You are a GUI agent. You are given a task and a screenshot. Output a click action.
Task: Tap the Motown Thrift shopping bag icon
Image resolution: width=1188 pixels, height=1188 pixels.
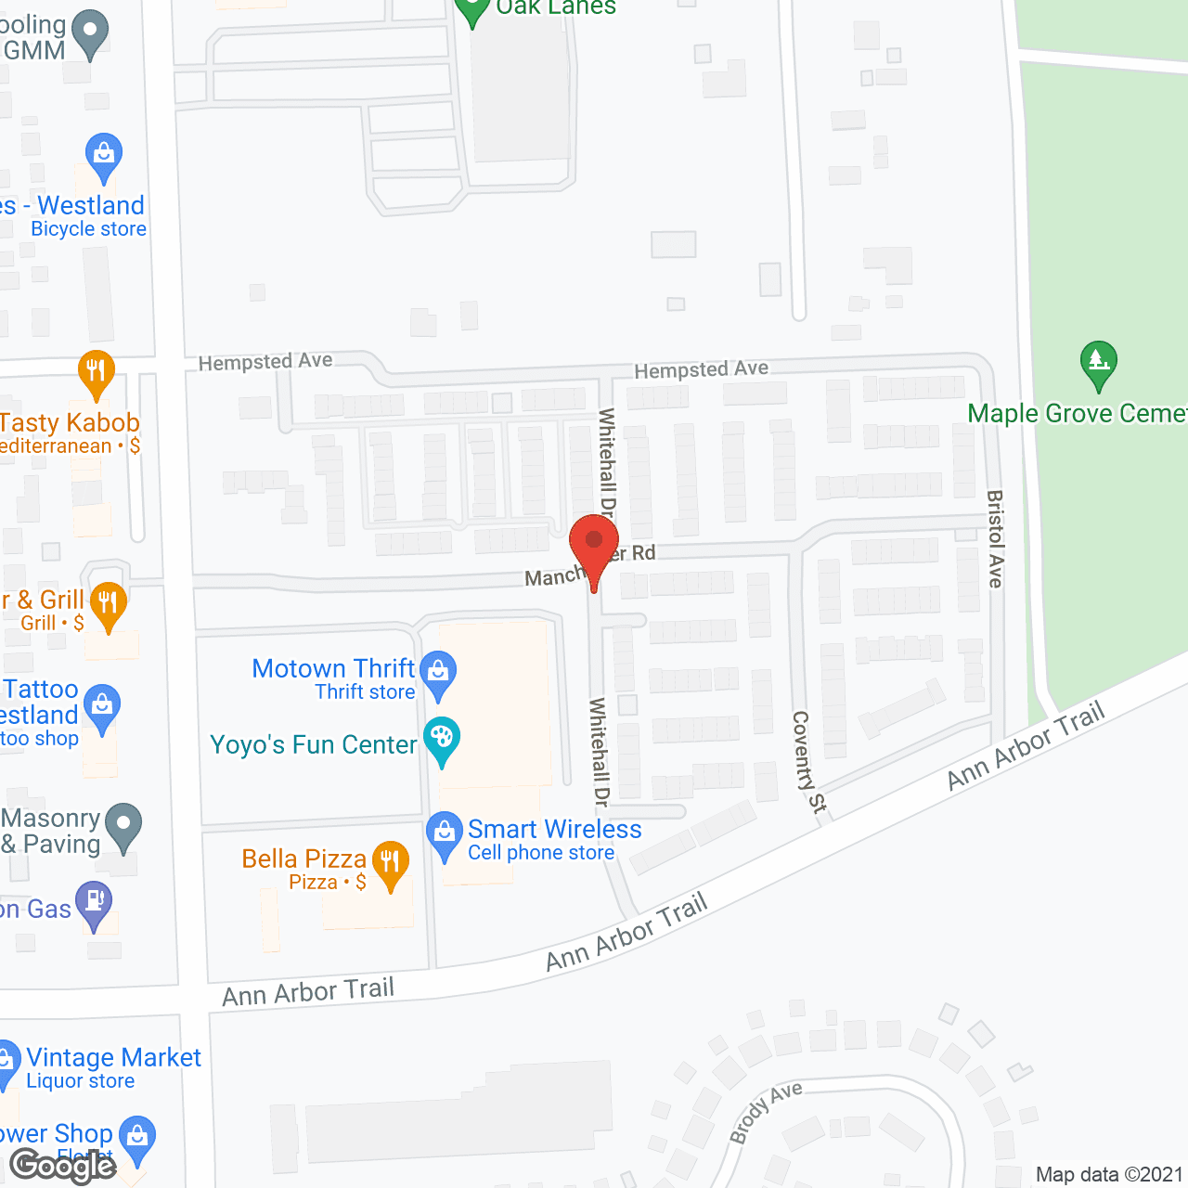tap(438, 671)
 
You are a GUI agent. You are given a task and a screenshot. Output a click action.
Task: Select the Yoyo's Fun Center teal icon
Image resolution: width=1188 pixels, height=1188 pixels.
tap(442, 740)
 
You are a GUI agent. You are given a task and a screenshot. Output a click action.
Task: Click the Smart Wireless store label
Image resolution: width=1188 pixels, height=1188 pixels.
tap(554, 830)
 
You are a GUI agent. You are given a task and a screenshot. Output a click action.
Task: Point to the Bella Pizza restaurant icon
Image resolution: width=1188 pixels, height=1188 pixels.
tap(391, 863)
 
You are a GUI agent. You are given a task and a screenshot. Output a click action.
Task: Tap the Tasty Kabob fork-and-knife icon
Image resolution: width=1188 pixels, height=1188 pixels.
tap(97, 372)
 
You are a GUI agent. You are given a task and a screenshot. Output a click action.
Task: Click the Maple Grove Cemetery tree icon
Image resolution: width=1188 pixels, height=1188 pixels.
tap(1099, 362)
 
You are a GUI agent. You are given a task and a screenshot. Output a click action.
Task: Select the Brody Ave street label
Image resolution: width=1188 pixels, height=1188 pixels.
tap(765, 1112)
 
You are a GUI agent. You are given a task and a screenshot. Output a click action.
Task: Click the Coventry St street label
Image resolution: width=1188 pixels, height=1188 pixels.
tap(807, 762)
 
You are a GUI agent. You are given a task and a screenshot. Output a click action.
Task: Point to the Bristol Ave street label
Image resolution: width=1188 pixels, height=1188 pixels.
tap(995, 538)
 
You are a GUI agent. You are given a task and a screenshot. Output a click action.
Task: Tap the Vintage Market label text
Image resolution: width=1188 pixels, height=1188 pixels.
tap(113, 1058)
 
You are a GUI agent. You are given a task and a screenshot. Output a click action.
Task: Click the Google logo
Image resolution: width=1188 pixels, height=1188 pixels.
tap(63, 1166)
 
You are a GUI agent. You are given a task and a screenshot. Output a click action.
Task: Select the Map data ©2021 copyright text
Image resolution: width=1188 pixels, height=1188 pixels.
tap(1109, 1175)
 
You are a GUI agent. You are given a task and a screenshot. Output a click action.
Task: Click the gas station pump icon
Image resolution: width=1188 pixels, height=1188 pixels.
tap(94, 902)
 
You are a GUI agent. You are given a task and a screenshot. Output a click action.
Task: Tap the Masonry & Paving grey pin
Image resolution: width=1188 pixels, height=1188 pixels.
tap(123, 823)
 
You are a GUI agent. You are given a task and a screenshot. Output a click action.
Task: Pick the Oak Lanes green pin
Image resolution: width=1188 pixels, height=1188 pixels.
tap(472, 9)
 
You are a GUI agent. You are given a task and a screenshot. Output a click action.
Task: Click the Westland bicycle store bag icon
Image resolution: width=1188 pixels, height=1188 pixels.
tap(104, 155)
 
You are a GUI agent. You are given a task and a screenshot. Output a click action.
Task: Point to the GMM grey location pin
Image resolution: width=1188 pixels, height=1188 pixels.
tap(90, 32)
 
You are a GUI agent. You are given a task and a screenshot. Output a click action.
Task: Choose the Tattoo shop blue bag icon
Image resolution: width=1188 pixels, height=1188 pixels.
tap(102, 707)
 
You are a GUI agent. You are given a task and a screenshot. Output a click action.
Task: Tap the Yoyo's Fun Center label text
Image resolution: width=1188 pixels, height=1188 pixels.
tap(314, 745)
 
